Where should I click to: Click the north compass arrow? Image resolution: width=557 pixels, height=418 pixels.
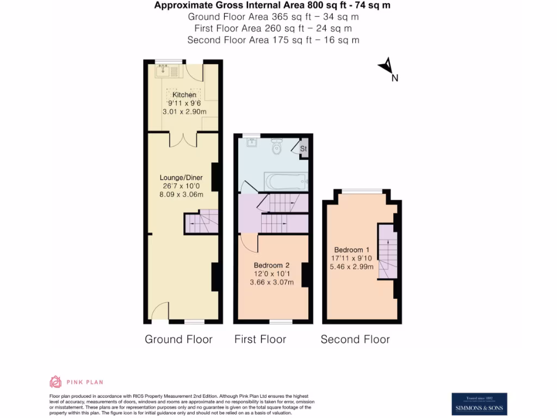pos(386,66)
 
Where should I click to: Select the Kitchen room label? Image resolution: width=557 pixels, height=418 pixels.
pos(184,95)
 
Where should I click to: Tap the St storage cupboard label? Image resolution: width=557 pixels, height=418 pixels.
pos(304,148)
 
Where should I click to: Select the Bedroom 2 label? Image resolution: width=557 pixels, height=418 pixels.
pos(271,265)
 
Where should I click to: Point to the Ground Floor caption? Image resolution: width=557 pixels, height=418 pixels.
pos(178,340)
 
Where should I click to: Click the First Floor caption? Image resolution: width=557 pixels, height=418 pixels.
pos(260,340)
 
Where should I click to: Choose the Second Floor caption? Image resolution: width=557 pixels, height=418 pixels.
pos(355,340)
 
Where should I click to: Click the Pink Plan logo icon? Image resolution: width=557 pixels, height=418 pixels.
pos(55,382)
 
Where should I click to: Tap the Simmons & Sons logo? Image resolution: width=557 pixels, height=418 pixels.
pos(479,404)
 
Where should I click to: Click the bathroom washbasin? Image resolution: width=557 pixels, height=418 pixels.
pos(252,143)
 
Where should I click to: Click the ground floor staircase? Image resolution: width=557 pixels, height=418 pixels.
pos(202,221)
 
